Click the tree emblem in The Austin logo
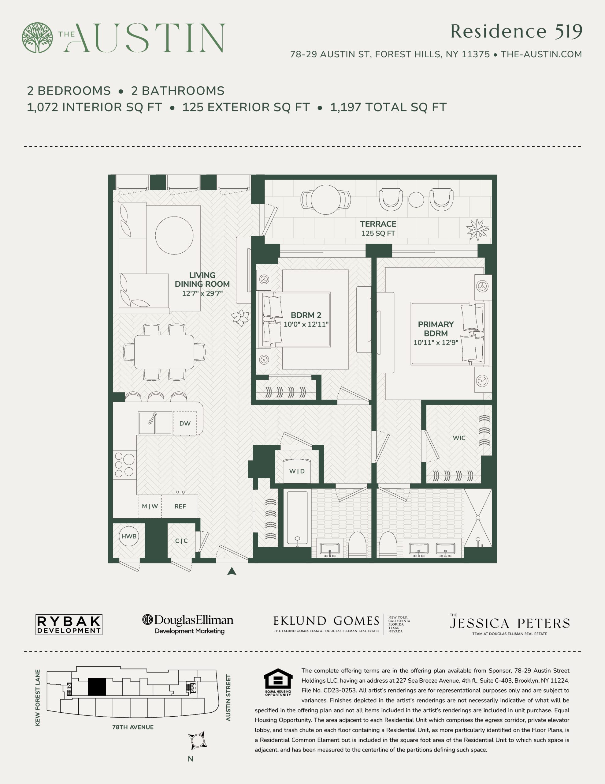point(37,38)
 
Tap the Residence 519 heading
point(516,32)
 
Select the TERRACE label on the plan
point(378,224)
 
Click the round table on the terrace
point(326,200)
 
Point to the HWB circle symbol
point(129,536)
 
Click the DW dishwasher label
point(185,424)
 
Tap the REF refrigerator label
point(180,507)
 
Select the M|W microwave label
point(150,507)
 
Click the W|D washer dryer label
point(297,471)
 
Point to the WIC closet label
point(459,438)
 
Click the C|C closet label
point(181,541)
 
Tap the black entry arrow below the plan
point(232,571)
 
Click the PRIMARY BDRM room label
point(436,329)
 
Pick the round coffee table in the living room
point(174,236)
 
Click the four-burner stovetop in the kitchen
point(124,465)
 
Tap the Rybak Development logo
point(69,625)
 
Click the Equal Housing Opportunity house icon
point(278,678)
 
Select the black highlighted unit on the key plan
point(97,687)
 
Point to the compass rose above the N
point(198,741)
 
